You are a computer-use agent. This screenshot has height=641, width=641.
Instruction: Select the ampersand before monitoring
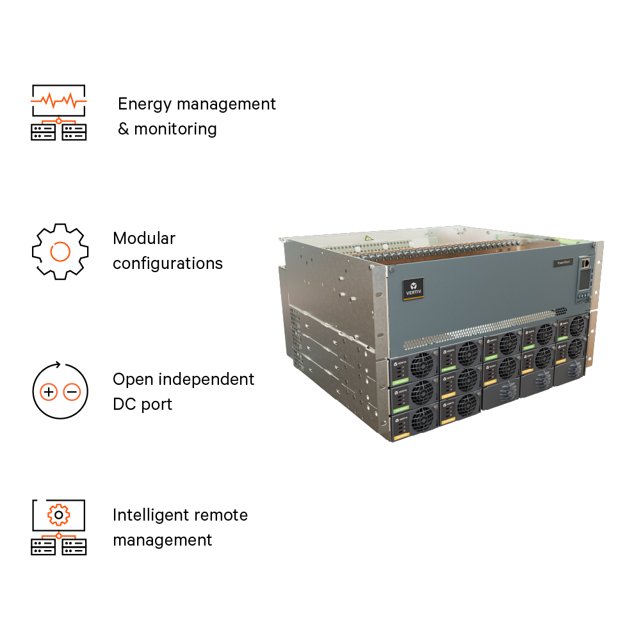(x=124, y=129)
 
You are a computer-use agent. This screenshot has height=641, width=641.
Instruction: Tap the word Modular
(x=144, y=239)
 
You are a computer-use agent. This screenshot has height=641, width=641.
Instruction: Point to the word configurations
(x=168, y=264)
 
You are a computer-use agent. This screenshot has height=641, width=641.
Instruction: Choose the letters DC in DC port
(x=125, y=405)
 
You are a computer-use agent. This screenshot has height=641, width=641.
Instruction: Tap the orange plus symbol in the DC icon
(x=49, y=392)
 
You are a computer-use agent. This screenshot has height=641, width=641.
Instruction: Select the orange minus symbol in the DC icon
(x=72, y=392)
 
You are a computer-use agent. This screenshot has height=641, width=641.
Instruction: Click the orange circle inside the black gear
(x=60, y=251)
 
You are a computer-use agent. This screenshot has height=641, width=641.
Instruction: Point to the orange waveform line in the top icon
(x=59, y=101)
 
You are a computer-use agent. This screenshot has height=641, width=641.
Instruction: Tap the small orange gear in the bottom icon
(x=59, y=514)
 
